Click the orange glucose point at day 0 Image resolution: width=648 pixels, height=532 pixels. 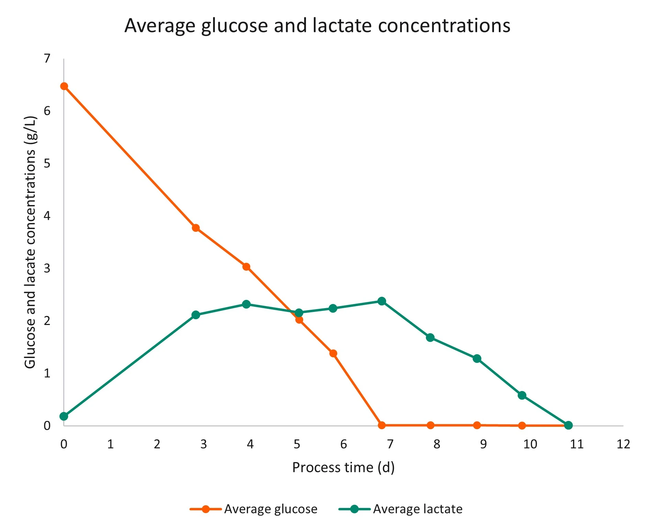point(64,86)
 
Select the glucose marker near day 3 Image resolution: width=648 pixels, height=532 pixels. point(196,228)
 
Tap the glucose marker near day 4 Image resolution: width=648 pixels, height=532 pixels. point(246,267)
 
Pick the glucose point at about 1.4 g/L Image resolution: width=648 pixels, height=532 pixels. point(333,353)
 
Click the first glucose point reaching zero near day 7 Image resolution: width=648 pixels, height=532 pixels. point(382,425)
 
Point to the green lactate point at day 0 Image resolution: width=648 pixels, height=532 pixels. point(64,416)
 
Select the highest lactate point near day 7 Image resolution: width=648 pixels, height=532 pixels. point(382,301)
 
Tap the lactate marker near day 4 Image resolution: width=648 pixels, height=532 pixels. point(246,304)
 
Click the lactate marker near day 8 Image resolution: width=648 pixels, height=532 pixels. point(430,337)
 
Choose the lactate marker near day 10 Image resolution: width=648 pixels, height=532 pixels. point(522,395)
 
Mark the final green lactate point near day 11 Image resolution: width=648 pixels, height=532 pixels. point(569,425)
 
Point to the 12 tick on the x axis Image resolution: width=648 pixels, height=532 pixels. point(623,444)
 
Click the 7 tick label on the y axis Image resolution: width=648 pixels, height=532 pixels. point(47,58)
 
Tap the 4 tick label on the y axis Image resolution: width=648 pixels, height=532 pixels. point(47,216)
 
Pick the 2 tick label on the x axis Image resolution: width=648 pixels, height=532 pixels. point(157,444)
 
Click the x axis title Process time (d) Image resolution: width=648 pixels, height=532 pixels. point(343,468)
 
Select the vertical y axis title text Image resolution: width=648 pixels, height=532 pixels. point(31,242)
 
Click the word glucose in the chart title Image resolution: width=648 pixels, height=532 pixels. point(234,26)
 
